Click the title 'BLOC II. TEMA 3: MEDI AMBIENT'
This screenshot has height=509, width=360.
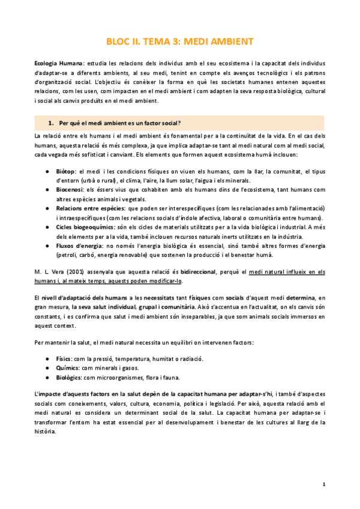(179, 41)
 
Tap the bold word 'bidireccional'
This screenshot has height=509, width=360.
(207, 271)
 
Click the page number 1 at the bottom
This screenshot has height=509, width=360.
(323, 484)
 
